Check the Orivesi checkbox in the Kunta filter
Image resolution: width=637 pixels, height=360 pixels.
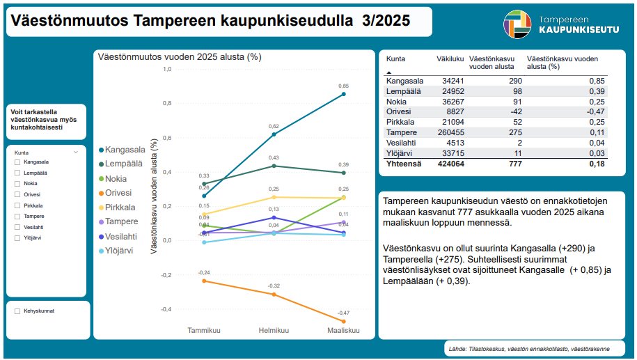coord(17,194)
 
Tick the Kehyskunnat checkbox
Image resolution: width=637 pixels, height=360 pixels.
coord(17,311)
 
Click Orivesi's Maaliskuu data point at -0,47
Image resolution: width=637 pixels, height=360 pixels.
coord(343,321)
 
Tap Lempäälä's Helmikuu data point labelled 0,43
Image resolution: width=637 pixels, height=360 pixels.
coord(274,166)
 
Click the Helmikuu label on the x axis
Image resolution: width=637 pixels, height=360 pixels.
coord(274,329)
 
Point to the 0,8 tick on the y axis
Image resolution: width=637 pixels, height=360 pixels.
coord(166,103)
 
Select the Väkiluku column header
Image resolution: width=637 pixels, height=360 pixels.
coord(450,59)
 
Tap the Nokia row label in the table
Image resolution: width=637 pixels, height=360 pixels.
coord(397,101)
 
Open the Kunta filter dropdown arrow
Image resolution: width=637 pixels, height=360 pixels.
coord(75,151)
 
